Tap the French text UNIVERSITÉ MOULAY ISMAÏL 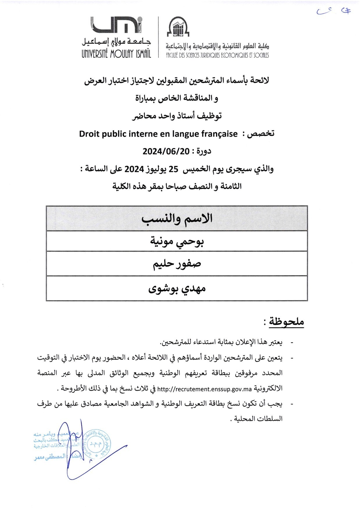(x=116, y=54)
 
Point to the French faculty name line (x=217, y=55)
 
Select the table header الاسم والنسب (x=177, y=219)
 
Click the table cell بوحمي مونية (x=177, y=241)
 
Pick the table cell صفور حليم (x=177, y=264)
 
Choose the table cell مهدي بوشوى (x=177, y=288)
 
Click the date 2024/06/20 (x=166, y=151)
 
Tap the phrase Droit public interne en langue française (x=158, y=134)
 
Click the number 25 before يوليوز (x=173, y=169)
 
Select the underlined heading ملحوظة (x=286, y=322)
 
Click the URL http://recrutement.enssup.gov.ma (x=204, y=389)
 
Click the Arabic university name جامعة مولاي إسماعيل (x=116, y=42)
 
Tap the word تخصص (x=261, y=134)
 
